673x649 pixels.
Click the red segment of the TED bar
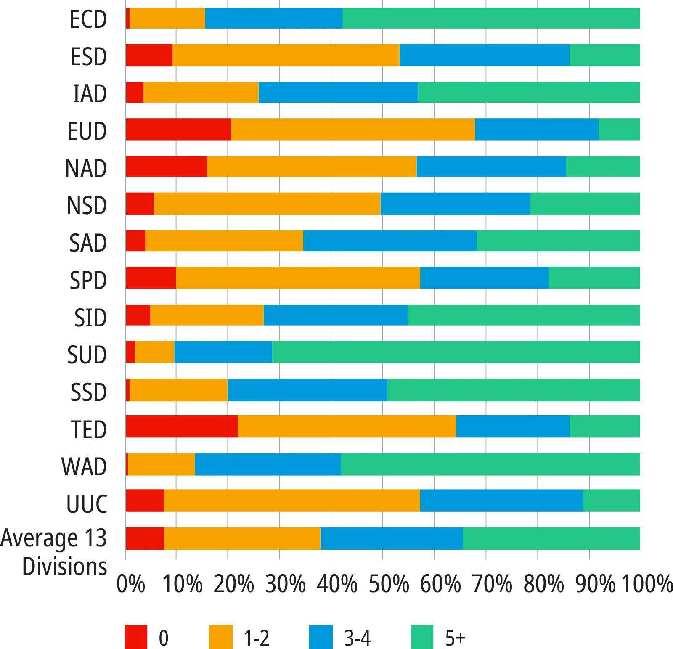[182, 426]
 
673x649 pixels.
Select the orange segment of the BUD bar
[353, 130]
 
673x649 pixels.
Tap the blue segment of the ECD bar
[274, 18]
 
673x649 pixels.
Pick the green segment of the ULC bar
[612, 501]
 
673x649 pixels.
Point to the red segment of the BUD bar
[178, 130]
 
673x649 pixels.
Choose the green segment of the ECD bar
[491, 18]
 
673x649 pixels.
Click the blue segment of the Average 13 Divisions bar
[392, 538]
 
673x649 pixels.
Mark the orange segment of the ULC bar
[292, 501]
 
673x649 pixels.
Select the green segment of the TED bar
[605, 426]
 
